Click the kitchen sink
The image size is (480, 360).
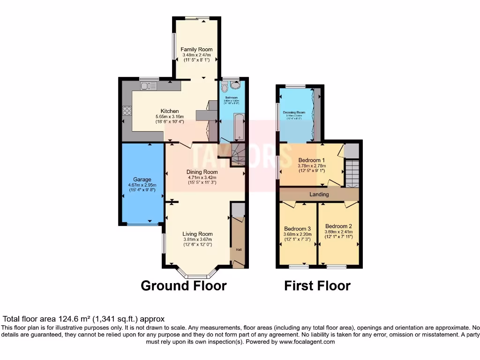[148, 85]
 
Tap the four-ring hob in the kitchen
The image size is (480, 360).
[127, 111]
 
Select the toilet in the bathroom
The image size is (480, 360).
[224, 87]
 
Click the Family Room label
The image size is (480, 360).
[197, 49]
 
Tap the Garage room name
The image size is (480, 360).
[142, 180]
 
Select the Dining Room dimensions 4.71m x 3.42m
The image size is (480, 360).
[202, 178]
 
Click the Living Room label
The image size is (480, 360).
[197, 234]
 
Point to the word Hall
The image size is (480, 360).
[238, 250]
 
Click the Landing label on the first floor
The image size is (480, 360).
[319, 194]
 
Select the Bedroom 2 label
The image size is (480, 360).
[338, 225]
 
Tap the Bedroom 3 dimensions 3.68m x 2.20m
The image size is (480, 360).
[297, 234]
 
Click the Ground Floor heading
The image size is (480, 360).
[184, 285]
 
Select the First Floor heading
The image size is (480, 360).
[317, 285]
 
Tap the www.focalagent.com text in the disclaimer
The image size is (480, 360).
[307, 342]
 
